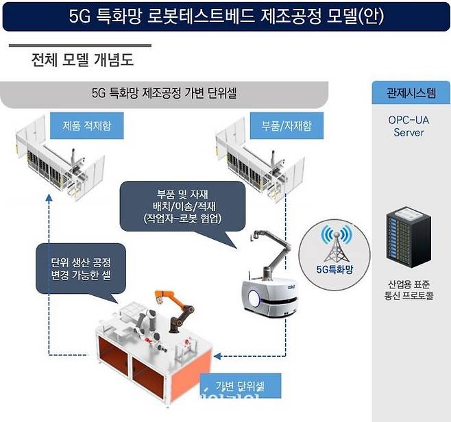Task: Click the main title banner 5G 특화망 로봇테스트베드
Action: click(x=225, y=17)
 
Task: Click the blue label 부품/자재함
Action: click(x=281, y=126)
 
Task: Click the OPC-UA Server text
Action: click(x=409, y=125)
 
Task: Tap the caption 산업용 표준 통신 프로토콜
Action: click(x=409, y=290)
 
